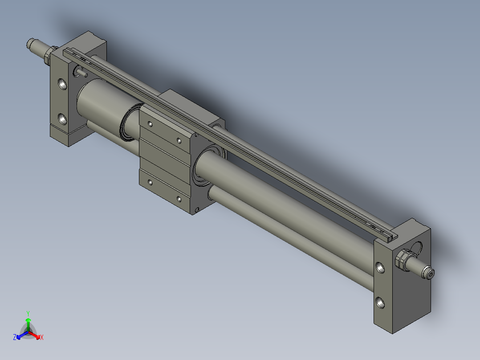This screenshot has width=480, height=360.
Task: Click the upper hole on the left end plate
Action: [62, 84]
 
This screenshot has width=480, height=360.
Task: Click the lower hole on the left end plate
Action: [62, 119]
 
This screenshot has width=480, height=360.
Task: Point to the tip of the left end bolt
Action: [31, 43]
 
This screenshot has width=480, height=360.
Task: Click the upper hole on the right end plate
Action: [380, 267]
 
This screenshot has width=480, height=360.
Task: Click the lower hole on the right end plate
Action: [380, 302]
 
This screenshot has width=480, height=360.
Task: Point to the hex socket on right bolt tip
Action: [430, 274]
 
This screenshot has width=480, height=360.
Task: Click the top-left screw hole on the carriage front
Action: [150, 124]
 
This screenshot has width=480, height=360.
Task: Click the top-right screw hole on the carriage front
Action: [179, 141]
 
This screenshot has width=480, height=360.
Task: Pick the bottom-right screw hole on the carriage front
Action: [179, 199]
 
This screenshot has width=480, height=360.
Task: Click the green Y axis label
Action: [28, 313]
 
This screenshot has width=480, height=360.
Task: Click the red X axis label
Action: [41, 338]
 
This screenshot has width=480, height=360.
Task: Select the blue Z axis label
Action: [14, 338]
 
